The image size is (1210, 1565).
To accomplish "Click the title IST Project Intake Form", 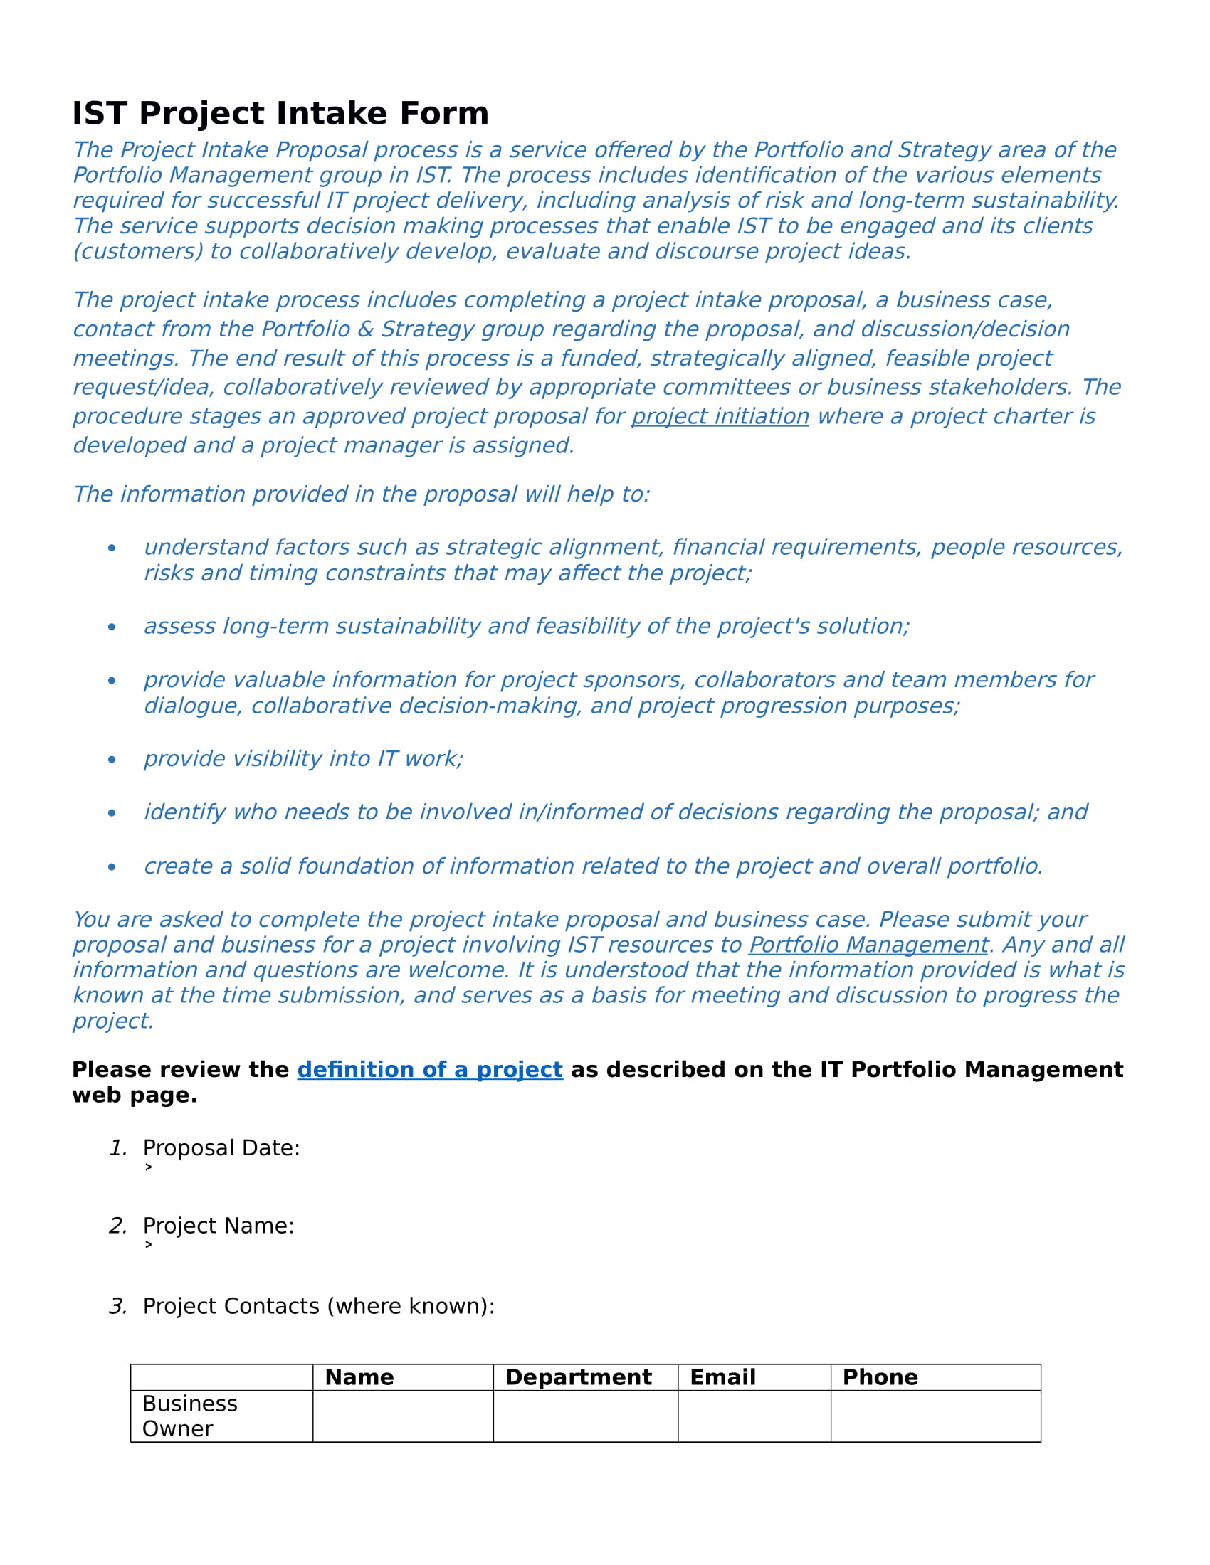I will tap(280, 113).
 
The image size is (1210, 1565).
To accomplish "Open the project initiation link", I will tap(720, 416).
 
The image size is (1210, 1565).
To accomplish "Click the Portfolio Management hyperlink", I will tap(868, 945).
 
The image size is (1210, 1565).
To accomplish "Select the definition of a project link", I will tap(429, 1069).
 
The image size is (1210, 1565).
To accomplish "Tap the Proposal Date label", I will tap(221, 1147).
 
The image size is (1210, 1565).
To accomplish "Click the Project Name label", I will tap(218, 1226).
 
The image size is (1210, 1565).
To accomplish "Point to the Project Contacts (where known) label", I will tap(318, 1305).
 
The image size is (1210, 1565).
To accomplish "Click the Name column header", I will tap(359, 1376).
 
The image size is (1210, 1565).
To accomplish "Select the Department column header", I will tap(578, 1376).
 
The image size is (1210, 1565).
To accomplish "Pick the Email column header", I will tap(722, 1376).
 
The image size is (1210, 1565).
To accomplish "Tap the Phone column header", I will tap(880, 1376).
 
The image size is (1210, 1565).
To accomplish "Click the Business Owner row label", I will tap(189, 1415).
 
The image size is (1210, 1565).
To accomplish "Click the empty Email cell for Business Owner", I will tap(754, 1416).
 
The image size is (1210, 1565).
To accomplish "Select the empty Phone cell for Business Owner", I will tap(935, 1416).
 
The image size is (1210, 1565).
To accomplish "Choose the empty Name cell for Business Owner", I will tap(403, 1416).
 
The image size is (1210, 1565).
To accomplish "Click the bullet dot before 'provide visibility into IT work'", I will tap(112, 760).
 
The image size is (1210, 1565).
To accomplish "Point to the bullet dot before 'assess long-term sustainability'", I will tap(112, 627).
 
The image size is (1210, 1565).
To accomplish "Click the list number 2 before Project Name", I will tap(117, 1226).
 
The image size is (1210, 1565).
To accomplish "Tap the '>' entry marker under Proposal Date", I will tap(148, 1167).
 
